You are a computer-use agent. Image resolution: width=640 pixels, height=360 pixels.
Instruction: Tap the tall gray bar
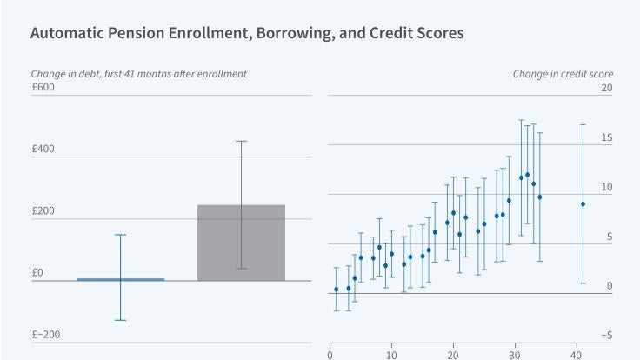pos(241,243)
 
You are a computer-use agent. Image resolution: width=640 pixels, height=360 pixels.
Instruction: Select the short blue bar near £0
pos(120,279)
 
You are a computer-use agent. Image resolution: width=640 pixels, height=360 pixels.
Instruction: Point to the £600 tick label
pos(43,87)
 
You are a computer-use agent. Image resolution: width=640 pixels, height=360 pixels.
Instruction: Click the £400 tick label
pos(43,149)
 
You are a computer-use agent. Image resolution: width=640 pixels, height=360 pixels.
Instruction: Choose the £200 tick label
pos(43,211)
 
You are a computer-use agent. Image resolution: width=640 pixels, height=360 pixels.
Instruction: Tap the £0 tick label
pos(37,273)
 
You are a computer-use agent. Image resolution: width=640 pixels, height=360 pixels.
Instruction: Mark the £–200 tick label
pos(45,335)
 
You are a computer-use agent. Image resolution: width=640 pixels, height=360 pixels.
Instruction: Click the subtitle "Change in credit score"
pos(562,74)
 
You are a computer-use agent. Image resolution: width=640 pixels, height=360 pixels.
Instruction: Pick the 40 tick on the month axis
pos(576,354)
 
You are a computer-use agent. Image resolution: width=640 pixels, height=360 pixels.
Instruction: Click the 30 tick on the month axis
pos(514,354)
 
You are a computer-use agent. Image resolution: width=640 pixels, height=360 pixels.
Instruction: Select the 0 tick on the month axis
pos(330,354)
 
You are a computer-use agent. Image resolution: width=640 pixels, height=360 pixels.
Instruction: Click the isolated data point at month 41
pos(583,203)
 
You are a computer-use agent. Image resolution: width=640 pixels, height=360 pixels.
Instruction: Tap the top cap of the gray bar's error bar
pos(241,141)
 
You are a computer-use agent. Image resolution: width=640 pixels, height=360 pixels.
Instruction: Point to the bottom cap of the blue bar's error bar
pos(120,320)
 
